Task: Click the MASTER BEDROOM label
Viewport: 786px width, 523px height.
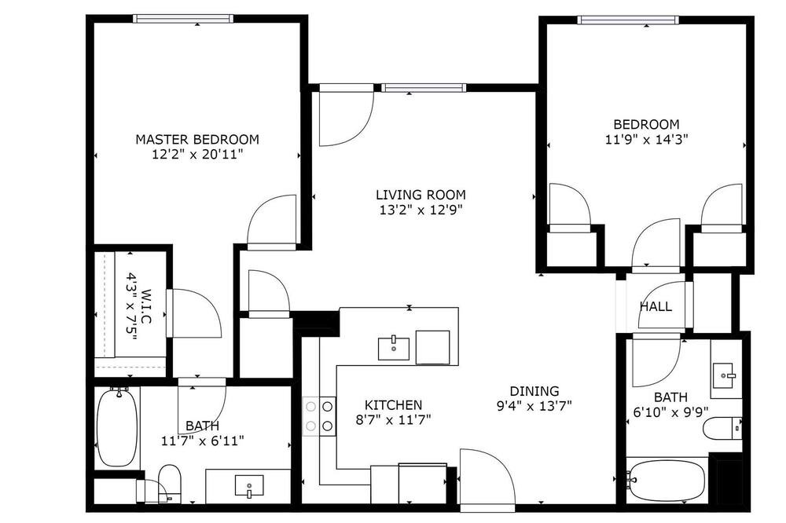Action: click(x=197, y=139)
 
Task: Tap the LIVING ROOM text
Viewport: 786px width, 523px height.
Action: click(x=421, y=195)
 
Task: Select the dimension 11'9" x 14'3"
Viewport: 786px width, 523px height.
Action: click(x=646, y=139)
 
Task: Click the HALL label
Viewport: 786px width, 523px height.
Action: click(x=656, y=306)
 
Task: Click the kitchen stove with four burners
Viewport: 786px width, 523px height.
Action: click(x=319, y=415)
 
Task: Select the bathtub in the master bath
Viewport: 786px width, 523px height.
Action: click(x=117, y=427)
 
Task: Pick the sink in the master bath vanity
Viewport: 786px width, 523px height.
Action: click(x=249, y=486)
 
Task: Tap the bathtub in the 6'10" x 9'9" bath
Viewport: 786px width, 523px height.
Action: click(x=667, y=481)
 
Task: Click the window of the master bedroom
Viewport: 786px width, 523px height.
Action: click(x=183, y=19)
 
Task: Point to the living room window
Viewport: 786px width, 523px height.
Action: click(x=424, y=88)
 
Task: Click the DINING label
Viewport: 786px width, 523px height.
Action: click(x=534, y=391)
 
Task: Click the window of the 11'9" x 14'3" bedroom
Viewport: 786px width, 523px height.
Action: click(x=628, y=20)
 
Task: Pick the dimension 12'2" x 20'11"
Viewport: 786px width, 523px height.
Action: click(x=197, y=154)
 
